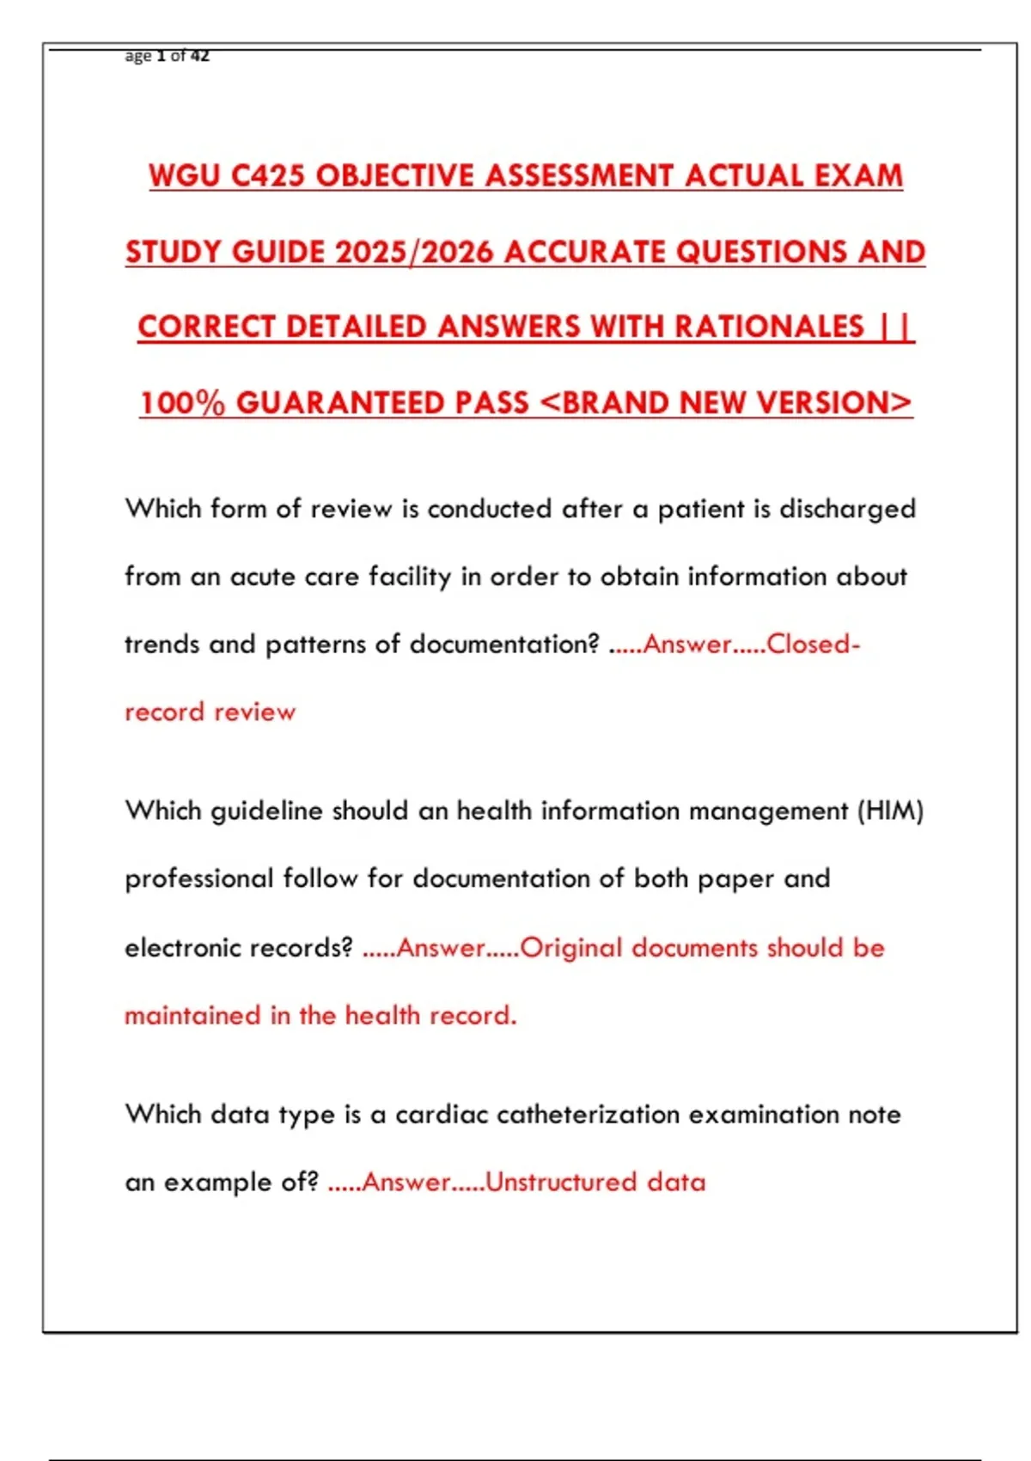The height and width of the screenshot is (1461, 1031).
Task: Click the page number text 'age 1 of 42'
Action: point(167,56)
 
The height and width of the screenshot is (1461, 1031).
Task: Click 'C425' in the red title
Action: point(267,175)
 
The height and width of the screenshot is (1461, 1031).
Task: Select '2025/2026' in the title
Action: point(414,252)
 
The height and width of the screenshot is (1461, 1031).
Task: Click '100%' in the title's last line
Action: point(182,402)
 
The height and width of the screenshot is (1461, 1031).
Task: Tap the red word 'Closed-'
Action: point(813,644)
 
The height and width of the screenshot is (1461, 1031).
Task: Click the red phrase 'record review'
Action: point(210,712)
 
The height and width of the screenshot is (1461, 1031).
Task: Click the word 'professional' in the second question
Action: point(198,878)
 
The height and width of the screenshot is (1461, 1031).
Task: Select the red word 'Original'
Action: point(570,947)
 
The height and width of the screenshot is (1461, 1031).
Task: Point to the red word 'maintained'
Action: point(192,1015)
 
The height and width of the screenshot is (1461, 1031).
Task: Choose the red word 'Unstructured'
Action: point(560,1182)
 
